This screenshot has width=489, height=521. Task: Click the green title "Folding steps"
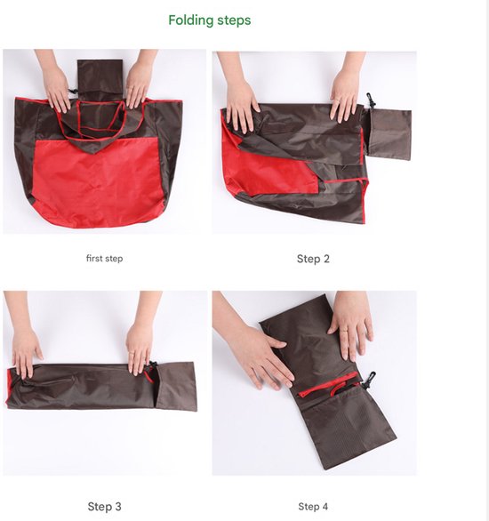pyautogui.click(x=209, y=20)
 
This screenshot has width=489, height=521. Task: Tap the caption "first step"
pyautogui.click(x=104, y=258)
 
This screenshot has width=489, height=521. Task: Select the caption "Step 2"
pyautogui.click(x=313, y=259)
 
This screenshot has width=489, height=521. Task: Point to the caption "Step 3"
pyautogui.click(x=104, y=507)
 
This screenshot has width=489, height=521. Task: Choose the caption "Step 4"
pyautogui.click(x=313, y=507)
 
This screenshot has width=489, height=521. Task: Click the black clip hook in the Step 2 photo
pyautogui.click(x=371, y=100)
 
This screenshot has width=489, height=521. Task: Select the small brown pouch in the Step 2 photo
pyautogui.click(x=389, y=134)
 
